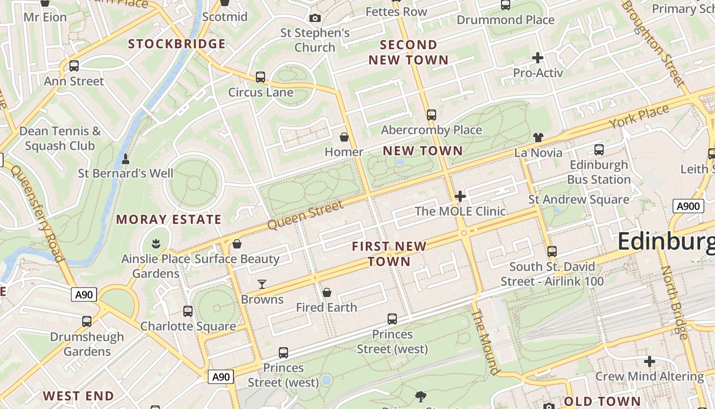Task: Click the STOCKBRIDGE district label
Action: [176, 44]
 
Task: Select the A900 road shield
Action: [687, 206]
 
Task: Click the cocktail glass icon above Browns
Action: [262, 284]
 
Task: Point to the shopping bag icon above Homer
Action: [344, 137]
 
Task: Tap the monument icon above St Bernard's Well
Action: [126, 159]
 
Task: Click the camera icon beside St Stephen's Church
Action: [315, 18]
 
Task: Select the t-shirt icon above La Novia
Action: [538, 137]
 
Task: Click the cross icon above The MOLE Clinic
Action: [460, 196]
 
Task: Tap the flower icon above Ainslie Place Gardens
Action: [156, 243]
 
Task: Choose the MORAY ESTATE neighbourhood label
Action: [169, 220]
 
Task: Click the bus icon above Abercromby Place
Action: [432, 115]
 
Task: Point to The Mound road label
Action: [485, 342]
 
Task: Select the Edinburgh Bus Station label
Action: [599, 172]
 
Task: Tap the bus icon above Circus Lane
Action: [260, 77]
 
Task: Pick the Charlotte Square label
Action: [188, 326]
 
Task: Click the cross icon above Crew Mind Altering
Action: [649, 362]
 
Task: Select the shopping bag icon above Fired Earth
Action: [327, 292]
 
